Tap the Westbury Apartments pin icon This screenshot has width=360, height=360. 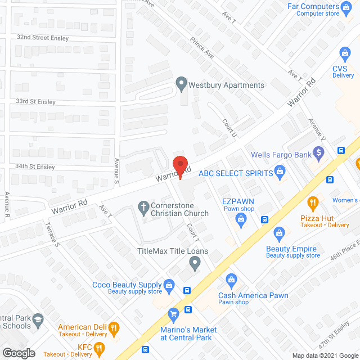[x=181, y=85]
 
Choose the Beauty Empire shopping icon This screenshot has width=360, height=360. [x=278, y=233]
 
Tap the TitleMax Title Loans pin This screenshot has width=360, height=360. [x=195, y=262]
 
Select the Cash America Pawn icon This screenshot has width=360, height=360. [x=231, y=279]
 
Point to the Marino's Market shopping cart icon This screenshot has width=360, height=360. [x=173, y=313]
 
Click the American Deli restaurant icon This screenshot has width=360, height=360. [x=114, y=327]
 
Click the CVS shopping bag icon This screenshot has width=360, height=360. [x=345, y=54]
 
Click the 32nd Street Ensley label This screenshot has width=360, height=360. [x=42, y=38]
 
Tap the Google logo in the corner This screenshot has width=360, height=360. [x=18, y=353]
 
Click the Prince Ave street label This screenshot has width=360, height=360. [x=202, y=48]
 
